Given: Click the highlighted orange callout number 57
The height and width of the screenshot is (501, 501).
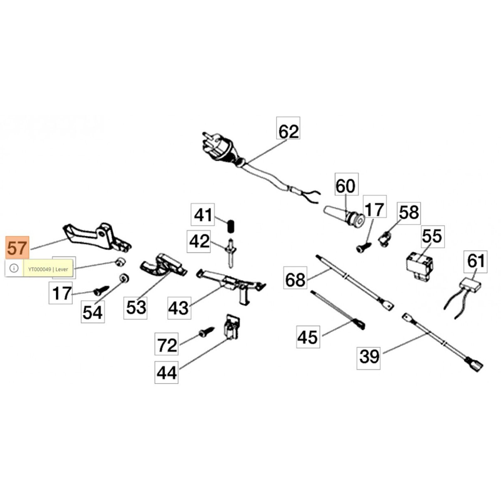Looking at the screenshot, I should [x=17, y=248].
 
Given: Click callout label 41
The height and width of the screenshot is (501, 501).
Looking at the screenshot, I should [x=203, y=215].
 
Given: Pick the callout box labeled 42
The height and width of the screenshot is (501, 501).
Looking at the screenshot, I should [x=199, y=241].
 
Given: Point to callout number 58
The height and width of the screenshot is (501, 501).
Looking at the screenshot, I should [x=409, y=213].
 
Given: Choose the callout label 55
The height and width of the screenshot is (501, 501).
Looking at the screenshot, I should [x=432, y=236].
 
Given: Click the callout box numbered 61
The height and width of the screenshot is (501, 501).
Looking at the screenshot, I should [x=475, y=261].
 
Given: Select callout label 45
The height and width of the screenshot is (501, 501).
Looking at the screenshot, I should [x=308, y=337].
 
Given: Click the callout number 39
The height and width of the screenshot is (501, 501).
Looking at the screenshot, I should [x=369, y=356].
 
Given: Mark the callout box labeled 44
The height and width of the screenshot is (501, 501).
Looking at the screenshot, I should [x=166, y=373].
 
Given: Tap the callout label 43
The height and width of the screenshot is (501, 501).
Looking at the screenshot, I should [x=179, y=308].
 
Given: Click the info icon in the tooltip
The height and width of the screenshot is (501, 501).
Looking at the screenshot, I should [x=14, y=268].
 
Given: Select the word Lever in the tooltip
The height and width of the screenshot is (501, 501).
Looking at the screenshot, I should [x=62, y=269].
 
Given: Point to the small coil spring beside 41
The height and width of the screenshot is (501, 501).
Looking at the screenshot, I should [x=231, y=226].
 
